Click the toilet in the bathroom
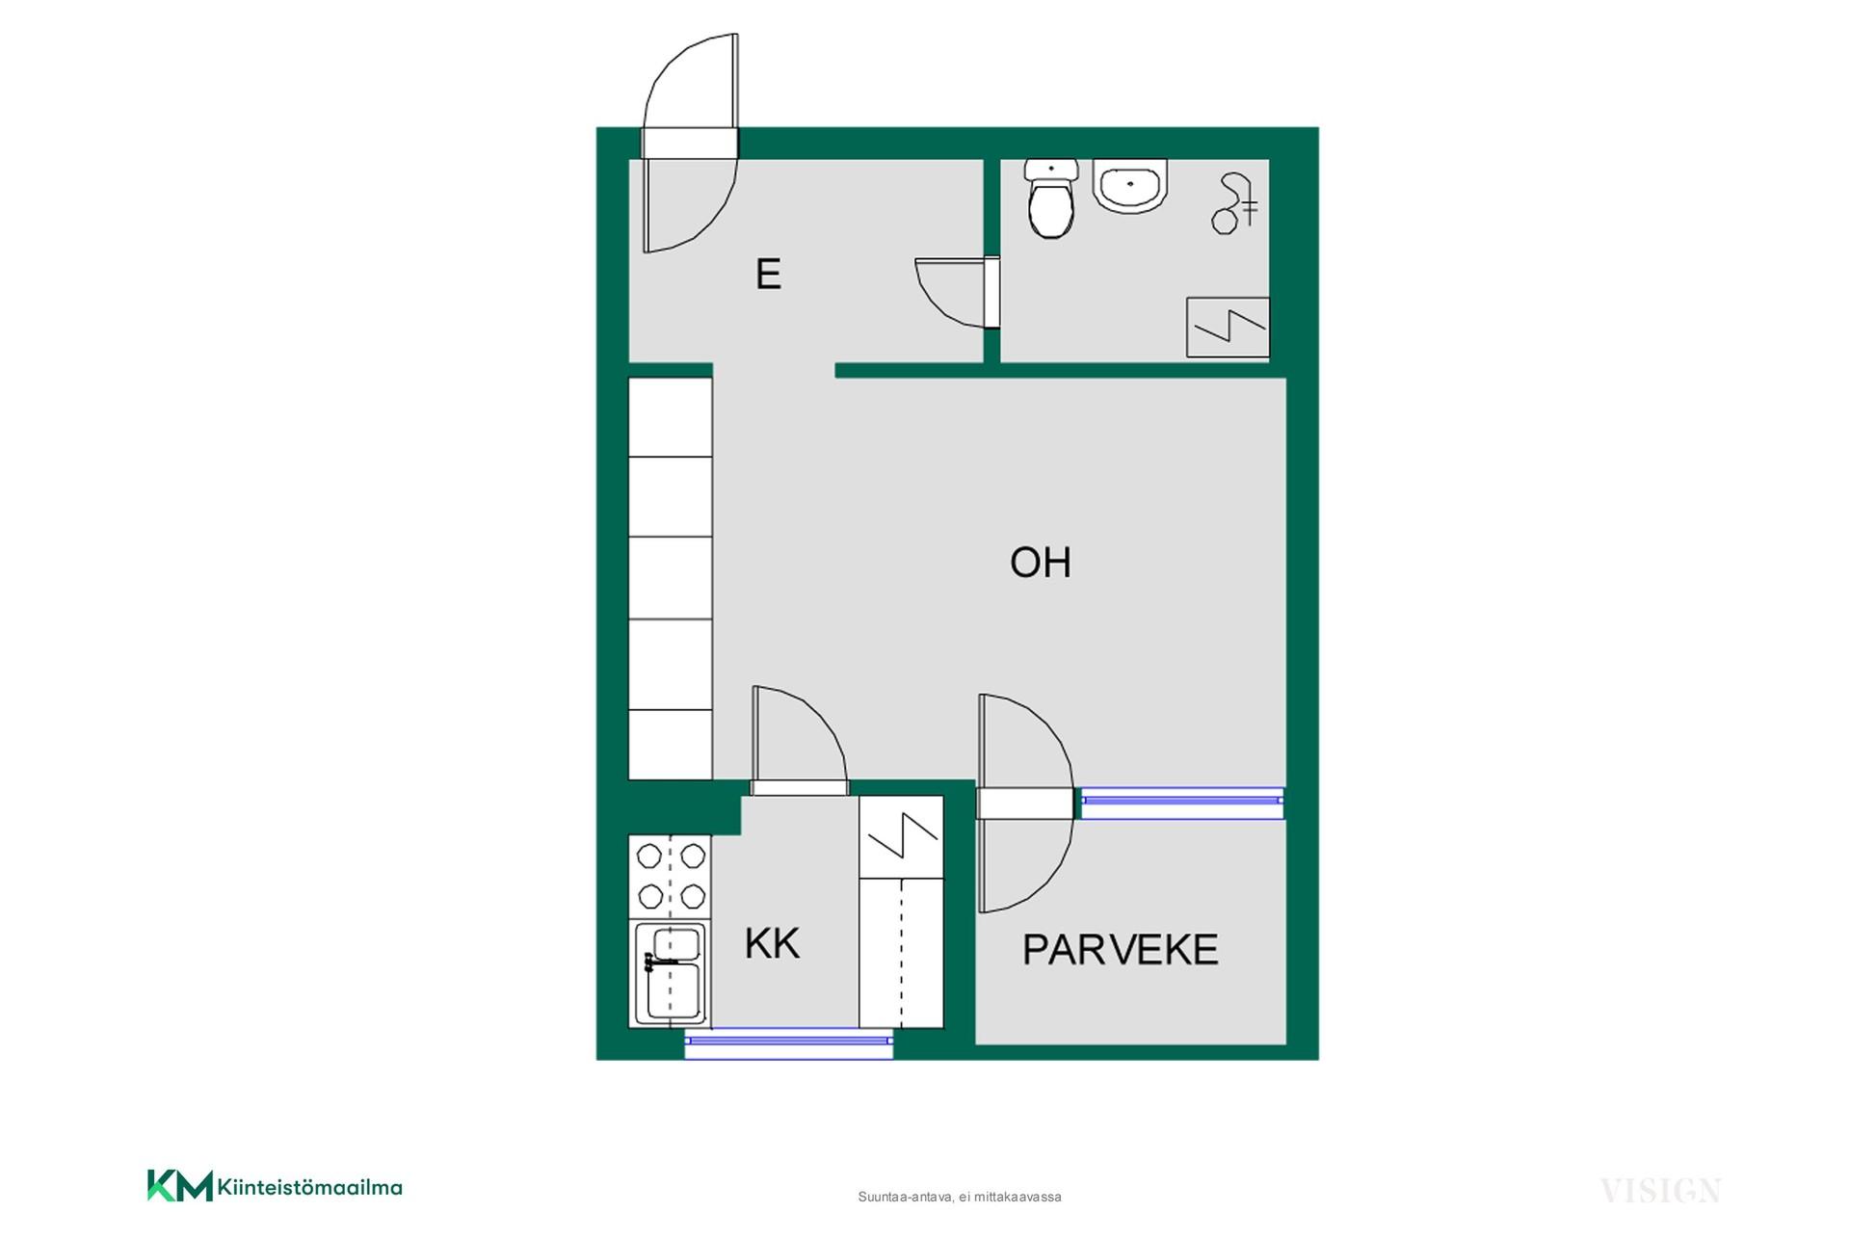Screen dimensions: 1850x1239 pyautogui.click(x=1050, y=198)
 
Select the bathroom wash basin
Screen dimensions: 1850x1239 pyautogui.click(x=1130, y=186)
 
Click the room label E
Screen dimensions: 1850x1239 pyautogui.click(x=768, y=275)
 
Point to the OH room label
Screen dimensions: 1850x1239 pyautogui.click(x=1041, y=562)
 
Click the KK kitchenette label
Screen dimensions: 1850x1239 pyautogui.click(x=772, y=944)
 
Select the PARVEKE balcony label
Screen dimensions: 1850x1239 pyautogui.click(x=1121, y=950)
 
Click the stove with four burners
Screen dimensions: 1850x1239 pyautogui.click(x=671, y=876)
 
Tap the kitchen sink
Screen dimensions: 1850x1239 pyautogui.click(x=671, y=973)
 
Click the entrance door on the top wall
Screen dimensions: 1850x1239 pyautogui.click(x=690, y=143)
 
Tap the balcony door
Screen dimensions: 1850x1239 pyautogui.click(x=1025, y=803)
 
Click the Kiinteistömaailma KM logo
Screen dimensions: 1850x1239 pyautogui.click(x=275, y=1186)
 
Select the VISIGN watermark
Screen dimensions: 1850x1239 pyautogui.click(x=1660, y=1191)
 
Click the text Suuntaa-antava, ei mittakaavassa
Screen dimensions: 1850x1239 pyautogui.click(x=960, y=1197)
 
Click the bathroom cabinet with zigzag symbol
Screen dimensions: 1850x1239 pyautogui.click(x=1228, y=328)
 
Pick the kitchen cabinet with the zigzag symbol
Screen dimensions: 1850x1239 pyautogui.click(x=901, y=836)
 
